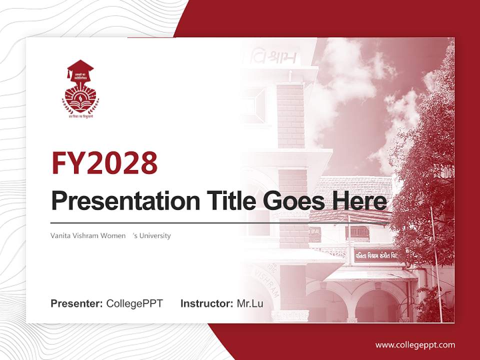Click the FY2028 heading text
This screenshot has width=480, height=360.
click(104, 162)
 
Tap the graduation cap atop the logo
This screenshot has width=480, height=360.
click(80, 69)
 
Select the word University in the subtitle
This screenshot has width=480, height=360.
click(155, 235)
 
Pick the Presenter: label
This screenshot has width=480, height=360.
click(77, 303)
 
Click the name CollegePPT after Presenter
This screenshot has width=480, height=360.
click(134, 303)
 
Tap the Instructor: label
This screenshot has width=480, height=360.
click(206, 303)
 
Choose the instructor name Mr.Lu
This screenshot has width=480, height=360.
click(250, 303)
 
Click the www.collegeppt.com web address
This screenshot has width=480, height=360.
click(415, 344)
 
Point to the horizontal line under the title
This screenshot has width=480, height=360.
click(200, 222)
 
